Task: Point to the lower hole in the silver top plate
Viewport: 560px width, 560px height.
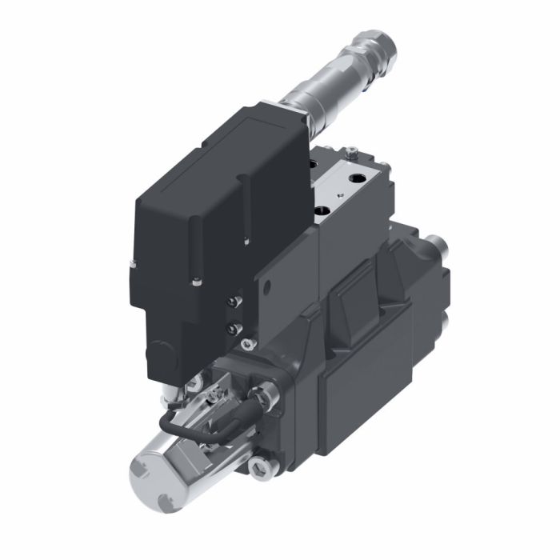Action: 323,211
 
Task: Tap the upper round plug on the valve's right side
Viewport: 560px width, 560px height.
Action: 437,244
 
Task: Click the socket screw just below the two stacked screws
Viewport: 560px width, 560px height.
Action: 246,346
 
